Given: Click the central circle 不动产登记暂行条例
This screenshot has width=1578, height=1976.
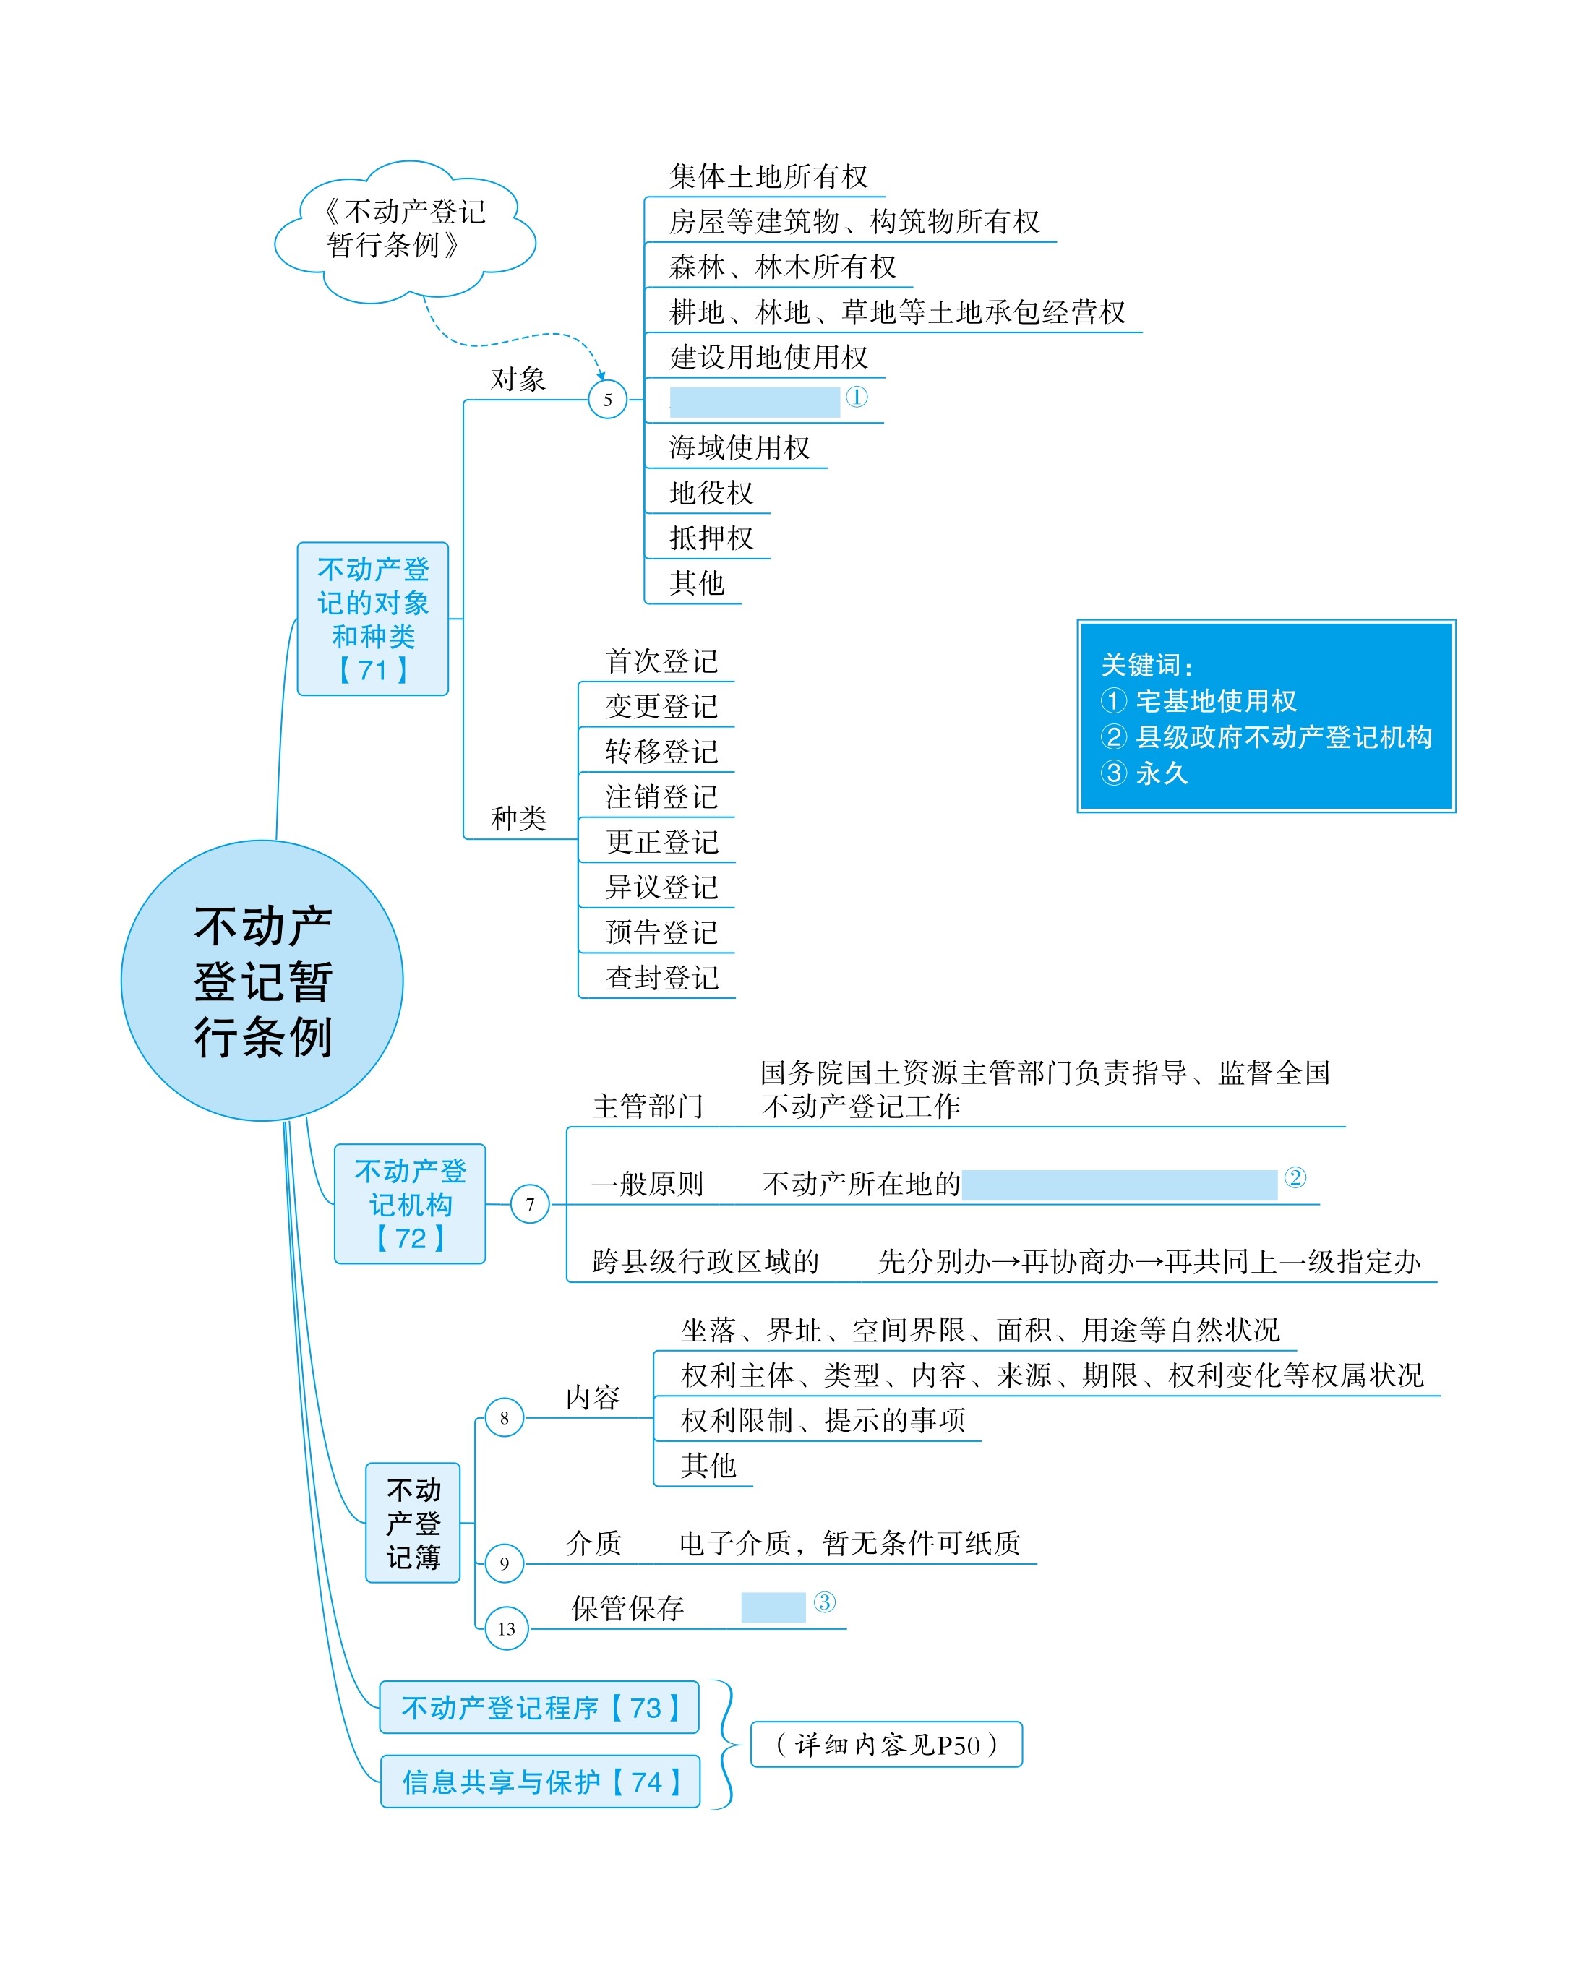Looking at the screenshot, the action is [262, 980].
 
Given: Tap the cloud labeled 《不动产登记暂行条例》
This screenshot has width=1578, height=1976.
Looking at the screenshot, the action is [406, 231].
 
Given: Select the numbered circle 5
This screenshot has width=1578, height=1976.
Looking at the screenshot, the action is [607, 400].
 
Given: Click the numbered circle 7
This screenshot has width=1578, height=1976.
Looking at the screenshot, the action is [530, 1203].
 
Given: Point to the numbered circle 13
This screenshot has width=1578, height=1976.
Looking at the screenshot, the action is [506, 1628].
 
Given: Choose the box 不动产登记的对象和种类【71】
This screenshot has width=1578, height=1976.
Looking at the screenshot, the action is [373, 619].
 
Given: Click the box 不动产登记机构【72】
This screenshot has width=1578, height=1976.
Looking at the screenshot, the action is [410, 1203].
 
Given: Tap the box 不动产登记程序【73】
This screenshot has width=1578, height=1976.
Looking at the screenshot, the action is [539, 1706].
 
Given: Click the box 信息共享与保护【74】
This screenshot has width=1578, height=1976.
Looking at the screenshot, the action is [540, 1781].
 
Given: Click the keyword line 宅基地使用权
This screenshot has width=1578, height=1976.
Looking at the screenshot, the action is [1198, 701].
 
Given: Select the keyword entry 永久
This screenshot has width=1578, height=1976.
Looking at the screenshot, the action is [1144, 773].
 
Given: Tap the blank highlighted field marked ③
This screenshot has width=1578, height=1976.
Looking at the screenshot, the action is [773, 1607].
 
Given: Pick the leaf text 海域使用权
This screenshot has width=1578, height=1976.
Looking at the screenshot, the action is [740, 447].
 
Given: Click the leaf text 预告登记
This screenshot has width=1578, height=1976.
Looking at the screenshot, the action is [661, 932].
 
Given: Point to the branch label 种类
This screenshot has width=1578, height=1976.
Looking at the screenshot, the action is [518, 817].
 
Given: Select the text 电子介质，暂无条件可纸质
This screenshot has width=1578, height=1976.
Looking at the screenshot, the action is [850, 1542].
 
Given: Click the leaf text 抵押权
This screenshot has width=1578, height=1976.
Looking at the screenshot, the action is [711, 538].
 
